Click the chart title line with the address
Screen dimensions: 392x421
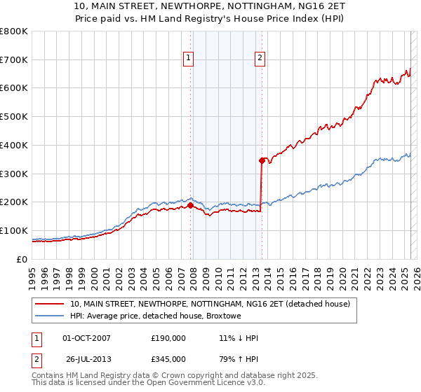tap(210, 7)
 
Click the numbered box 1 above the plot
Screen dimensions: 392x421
tap(189, 59)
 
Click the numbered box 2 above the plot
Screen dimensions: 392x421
tap(260, 59)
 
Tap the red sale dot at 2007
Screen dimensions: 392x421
tap(190, 205)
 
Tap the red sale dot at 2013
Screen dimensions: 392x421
tap(262, 160)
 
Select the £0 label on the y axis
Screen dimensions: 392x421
tap(23, 259)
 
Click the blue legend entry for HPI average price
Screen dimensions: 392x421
tap(155, 316)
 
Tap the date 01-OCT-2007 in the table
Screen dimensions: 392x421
tap(86, 338)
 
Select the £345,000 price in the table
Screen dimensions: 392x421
tap(168, 358)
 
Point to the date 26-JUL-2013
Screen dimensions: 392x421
tap(86, 358)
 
